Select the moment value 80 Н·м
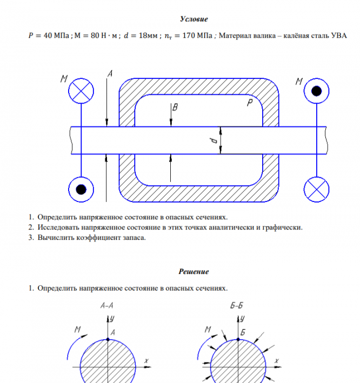[98, 36]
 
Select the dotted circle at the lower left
[81, 189]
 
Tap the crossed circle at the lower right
[316, 189]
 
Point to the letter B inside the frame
[175, 108]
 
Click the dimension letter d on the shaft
[214, 140]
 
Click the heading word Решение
[194, 272]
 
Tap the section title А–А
[107, 306]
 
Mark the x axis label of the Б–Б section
[277, 360]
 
